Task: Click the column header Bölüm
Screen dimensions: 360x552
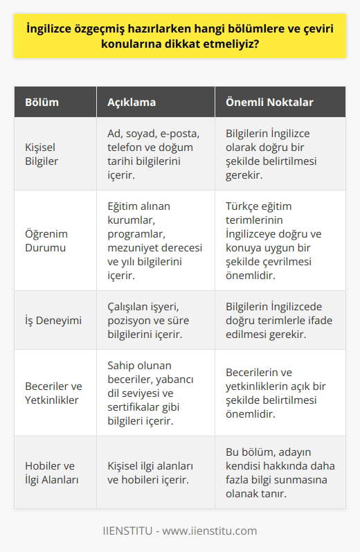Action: click(x=42, y=102)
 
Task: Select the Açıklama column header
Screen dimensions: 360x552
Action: click(x=132, y=102)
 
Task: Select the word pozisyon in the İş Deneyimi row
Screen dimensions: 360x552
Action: click(x=130, y=320)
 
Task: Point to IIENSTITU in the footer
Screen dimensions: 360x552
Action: click(x=128, y=531)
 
